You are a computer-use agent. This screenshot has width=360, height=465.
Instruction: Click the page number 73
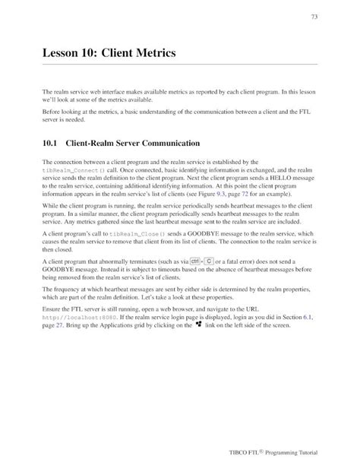314,17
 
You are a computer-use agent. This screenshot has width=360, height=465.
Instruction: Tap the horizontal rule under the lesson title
179,65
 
